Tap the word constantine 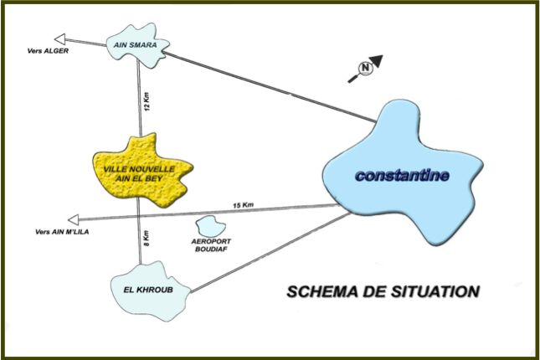tap(402, 176)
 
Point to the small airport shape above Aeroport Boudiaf tap(208, 225)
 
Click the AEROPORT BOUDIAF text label tap(209, 245)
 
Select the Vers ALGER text tap(47, 51)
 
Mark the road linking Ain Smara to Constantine tap(268, 85)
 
